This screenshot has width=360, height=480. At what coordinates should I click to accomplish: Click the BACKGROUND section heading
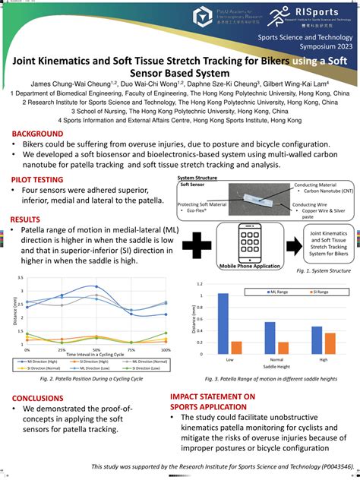coord(32,134)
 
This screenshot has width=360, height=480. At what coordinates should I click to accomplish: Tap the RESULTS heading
coord(25,219)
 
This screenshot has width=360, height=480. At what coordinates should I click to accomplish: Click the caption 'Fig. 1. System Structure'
coord(324,270)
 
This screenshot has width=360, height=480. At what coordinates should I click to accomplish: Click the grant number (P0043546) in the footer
coord(327,467)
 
